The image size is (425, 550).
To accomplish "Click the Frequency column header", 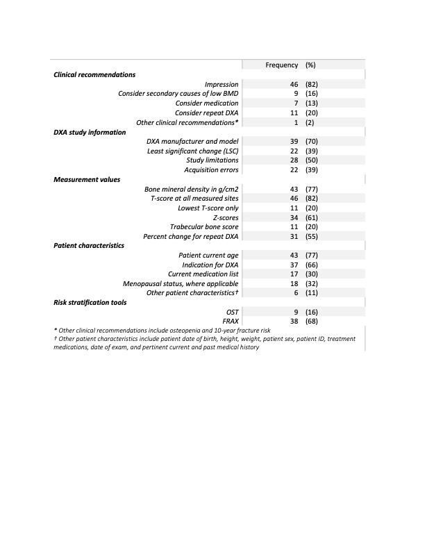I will pos(281,65).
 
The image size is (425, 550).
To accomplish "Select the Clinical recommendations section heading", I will pos(94,74).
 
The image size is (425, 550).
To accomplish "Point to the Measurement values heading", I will pos(87,179).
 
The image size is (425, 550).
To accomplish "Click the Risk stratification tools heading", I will pos(96,302).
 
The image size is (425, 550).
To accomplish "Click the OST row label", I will pos(232,312).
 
